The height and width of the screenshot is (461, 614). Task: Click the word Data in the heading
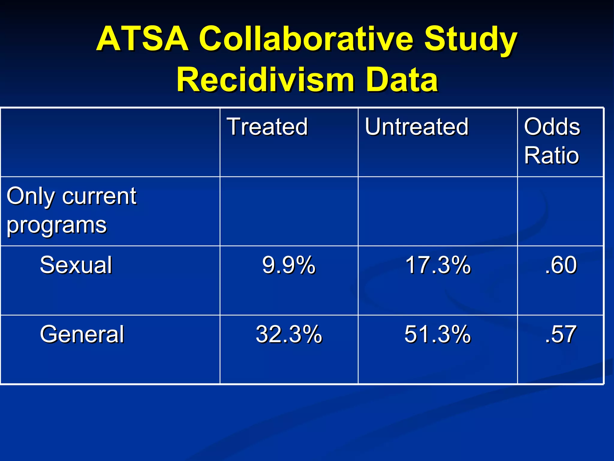[402, 80]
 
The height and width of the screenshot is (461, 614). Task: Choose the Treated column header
[267, 127]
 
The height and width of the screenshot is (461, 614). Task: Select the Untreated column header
[416, 127]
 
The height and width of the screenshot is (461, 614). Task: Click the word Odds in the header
[552, 127]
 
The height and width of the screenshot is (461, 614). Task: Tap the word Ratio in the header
[551, 155]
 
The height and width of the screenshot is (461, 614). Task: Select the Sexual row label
[76, 265]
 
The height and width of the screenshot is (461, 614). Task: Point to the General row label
[82, 334]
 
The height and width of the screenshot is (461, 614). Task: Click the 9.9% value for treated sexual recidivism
[289, 265]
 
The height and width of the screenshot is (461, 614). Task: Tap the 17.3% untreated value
[438, 265]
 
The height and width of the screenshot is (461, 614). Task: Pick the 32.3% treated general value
[289, 334]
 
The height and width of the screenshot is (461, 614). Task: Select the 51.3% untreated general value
[437, 334]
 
